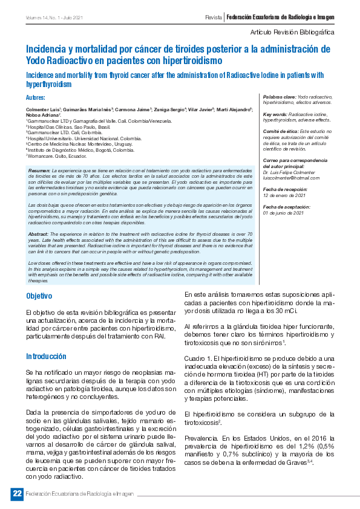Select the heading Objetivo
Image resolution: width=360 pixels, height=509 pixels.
coord(39,296)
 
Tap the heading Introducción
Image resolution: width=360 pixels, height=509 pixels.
coord(46,356)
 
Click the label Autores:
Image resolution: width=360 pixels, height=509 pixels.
coord(36,98)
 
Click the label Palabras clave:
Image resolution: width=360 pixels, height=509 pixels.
coord(279,97)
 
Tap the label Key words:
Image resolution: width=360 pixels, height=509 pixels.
coord(275,114)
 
